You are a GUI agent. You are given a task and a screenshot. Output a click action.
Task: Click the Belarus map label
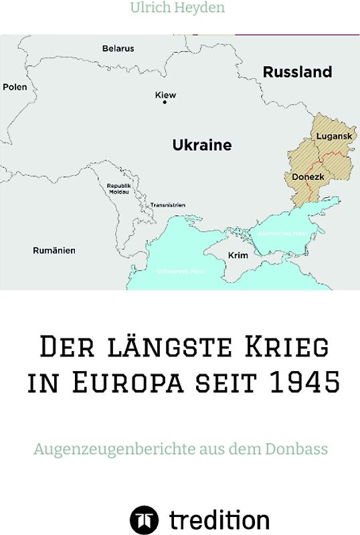pos(118,49)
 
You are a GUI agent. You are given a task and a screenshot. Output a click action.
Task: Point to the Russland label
pos(297,72)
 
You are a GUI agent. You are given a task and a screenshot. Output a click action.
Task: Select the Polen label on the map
pos(15,87)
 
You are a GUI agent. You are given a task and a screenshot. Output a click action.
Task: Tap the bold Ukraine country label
pos(202,145)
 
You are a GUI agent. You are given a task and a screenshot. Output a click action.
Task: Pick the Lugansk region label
pos(333,136)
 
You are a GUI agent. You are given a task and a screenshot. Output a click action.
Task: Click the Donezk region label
pos(308,177)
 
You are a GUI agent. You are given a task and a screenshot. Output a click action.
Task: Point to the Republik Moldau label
pos(118,189)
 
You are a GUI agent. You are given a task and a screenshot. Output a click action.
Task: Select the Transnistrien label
pos(167,205)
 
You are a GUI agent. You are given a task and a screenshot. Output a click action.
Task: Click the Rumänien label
pos(54,251)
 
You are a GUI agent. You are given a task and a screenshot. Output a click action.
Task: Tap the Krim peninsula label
pos(238,255)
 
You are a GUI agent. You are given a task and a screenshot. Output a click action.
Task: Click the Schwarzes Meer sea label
pos(181,271)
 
